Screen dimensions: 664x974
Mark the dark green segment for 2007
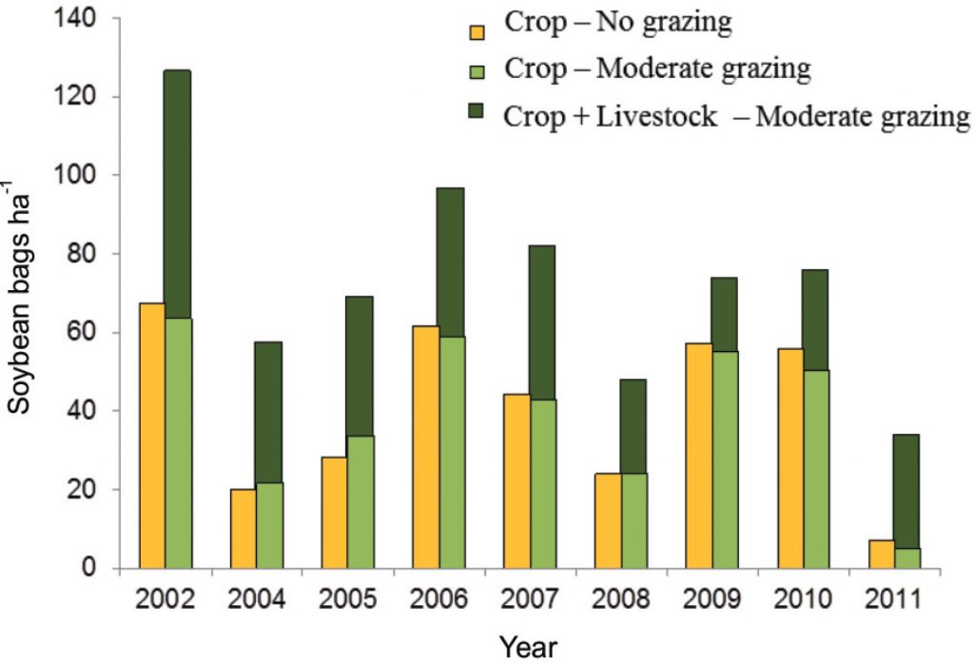(542, 322)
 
